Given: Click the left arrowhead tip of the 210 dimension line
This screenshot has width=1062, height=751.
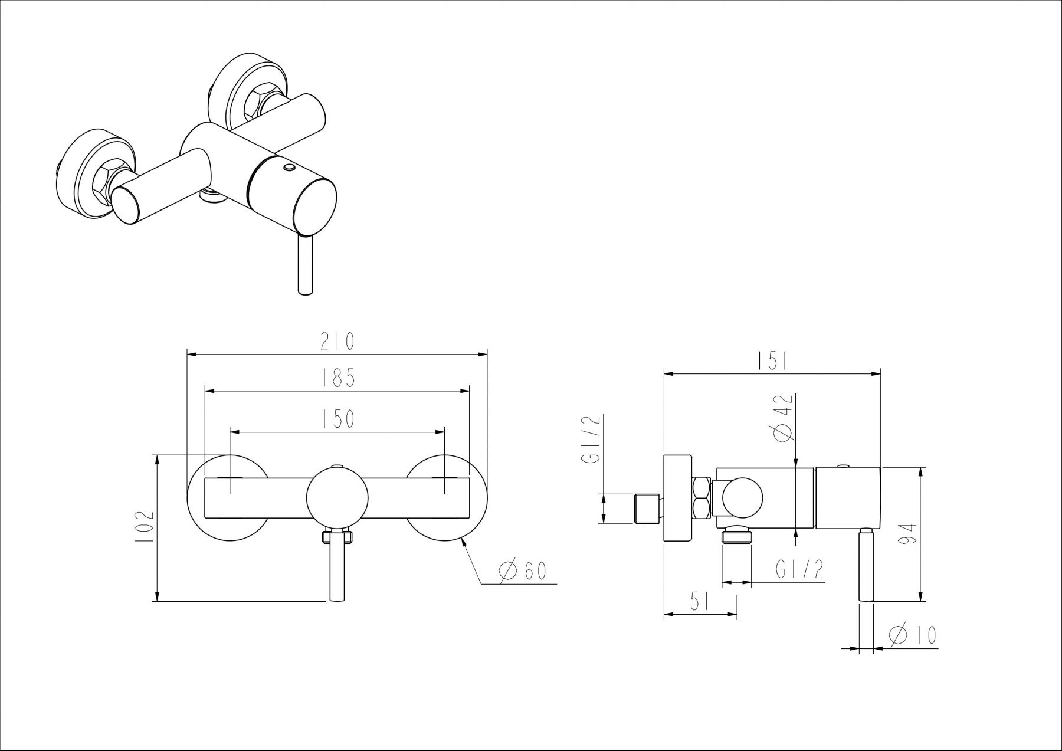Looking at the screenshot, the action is [187, 354].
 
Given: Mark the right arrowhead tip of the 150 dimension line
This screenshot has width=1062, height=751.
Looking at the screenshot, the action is [445, 431].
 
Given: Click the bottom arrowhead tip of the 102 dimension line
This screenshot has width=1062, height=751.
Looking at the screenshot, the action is [158, 601].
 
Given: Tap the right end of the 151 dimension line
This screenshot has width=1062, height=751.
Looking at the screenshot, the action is [881, 373].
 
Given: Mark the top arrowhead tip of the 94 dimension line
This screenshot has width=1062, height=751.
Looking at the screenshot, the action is [920, 468].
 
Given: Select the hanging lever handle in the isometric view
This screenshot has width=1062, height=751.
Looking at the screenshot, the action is [306, 264].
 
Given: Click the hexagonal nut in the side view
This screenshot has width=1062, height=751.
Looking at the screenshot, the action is [702, 499].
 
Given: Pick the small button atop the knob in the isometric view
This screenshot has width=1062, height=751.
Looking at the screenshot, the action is [289, 169].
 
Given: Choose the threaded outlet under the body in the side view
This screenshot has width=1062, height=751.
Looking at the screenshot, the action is [736, 536].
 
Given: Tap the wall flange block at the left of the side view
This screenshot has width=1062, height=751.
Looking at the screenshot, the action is [678, 499].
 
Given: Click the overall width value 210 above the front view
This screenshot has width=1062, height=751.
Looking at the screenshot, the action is [337, 342].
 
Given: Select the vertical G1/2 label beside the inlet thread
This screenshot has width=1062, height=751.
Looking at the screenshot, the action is [594, 440].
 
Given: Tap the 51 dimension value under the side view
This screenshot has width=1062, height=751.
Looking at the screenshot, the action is [700, 601].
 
